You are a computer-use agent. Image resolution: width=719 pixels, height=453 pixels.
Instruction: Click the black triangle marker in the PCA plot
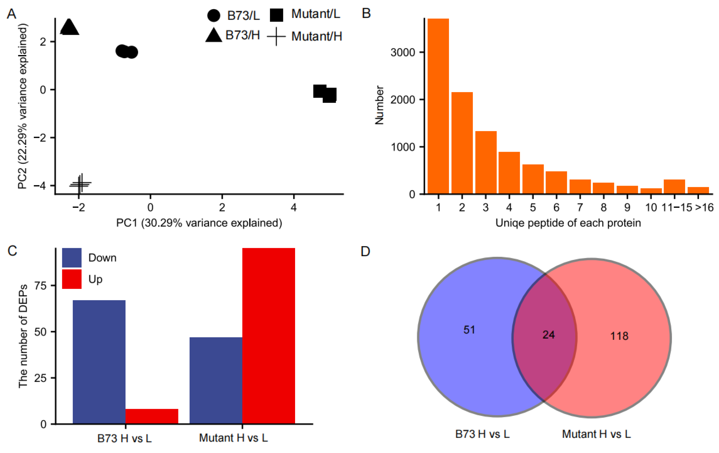[x=69, y=27]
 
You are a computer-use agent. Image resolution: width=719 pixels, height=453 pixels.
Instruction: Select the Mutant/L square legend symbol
[x=277, y=15]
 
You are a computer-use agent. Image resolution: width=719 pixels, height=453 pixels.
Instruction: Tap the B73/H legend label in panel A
[x=242, y=35]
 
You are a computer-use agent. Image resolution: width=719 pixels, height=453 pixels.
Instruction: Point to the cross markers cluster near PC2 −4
[x=80, y=184]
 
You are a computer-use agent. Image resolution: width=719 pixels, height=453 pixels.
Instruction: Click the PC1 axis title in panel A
[x=199, y=223]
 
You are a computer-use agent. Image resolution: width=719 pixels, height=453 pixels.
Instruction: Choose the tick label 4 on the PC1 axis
[x=294, y=207]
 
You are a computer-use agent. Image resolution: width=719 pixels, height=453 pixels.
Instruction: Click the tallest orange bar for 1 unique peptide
[x=438, y=106]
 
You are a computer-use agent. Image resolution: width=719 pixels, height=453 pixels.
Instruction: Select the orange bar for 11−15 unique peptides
[x=674, y=187]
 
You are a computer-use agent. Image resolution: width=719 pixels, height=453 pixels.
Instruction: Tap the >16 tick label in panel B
[x=704, y=207]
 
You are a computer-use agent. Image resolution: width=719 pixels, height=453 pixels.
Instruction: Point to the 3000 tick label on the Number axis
[x=403, y=53]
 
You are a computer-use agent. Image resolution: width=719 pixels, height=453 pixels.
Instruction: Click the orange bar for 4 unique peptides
[x=509, y=173]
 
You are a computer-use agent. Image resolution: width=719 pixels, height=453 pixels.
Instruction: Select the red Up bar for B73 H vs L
[x=152, y=416]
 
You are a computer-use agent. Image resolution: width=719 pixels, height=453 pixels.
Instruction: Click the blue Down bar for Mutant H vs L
[x=215, y=380]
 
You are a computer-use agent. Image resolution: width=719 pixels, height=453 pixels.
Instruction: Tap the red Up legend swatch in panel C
[x=72, y=279]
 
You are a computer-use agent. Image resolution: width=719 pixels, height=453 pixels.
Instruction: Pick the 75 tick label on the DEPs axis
[x=41, y=286]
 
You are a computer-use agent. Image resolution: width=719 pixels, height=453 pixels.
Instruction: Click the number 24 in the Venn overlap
[x=549, y=335]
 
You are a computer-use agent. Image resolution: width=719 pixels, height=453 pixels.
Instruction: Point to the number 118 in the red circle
[x=619, y=336]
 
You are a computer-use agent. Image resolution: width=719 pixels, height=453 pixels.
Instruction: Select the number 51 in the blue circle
[x=469, y=330]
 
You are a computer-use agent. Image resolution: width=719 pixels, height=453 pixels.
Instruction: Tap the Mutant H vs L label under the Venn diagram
[x=596, y=434]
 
